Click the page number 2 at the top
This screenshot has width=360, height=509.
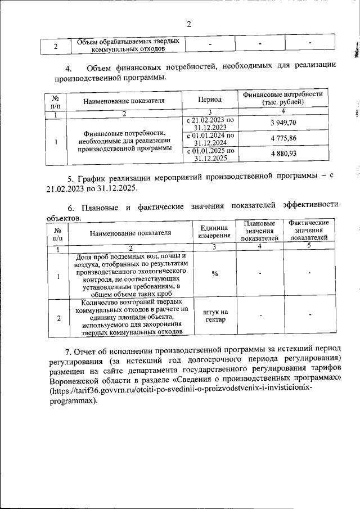(x=189, y=24)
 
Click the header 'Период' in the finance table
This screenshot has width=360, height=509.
(x=210, y=100)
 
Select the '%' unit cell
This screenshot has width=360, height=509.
(x=214, y=273)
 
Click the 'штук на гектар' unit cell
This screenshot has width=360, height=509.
(x=214, y=316)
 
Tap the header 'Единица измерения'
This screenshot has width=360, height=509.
(x=214, y=231)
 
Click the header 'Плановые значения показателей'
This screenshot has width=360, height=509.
(x=260, y=231)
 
